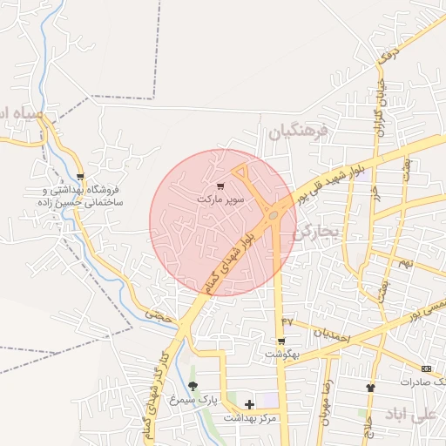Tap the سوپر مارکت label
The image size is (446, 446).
[x=220, y=199]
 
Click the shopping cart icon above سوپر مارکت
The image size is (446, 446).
[x=220, y=186]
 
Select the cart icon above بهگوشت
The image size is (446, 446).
[x=280, y=341]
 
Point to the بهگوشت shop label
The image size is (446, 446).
[x=281, y=355]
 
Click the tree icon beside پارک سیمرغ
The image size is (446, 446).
[x=193, y=386]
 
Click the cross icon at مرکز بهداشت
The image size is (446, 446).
[x=250, y=404]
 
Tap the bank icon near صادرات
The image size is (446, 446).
[x=426, y=368]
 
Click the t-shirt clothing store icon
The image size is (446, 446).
[x=370, y=387]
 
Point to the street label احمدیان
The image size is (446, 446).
[x=332, y=334]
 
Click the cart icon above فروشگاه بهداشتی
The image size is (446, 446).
[x=80, y=176]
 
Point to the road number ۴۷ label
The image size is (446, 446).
[x=288, y=321]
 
